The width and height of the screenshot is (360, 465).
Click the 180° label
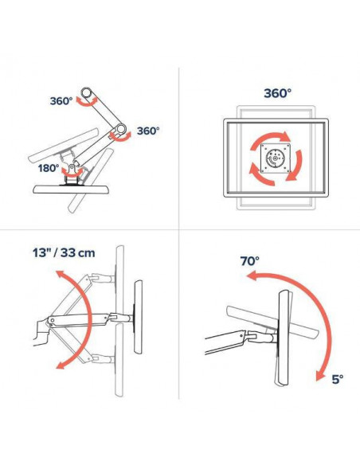(49, 168)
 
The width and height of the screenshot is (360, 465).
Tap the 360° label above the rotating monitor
(277, 93)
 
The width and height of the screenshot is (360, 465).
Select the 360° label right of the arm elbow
(148, 131)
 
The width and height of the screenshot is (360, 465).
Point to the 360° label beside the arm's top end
(61, 101)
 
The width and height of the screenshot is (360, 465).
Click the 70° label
(249, 261)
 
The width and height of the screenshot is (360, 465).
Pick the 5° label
(337, 379)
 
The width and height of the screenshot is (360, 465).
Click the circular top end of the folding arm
(87, 92)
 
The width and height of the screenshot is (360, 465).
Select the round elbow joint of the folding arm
(121, 129)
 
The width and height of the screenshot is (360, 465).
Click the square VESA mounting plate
(276, 158)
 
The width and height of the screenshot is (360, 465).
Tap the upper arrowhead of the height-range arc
(61, 275)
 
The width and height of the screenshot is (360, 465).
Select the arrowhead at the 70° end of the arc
(252, 276)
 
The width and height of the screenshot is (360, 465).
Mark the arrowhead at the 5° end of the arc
(319, 375)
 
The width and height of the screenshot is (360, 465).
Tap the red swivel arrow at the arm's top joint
(87, 103)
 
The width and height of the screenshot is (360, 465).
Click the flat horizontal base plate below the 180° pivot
(71, 190)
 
